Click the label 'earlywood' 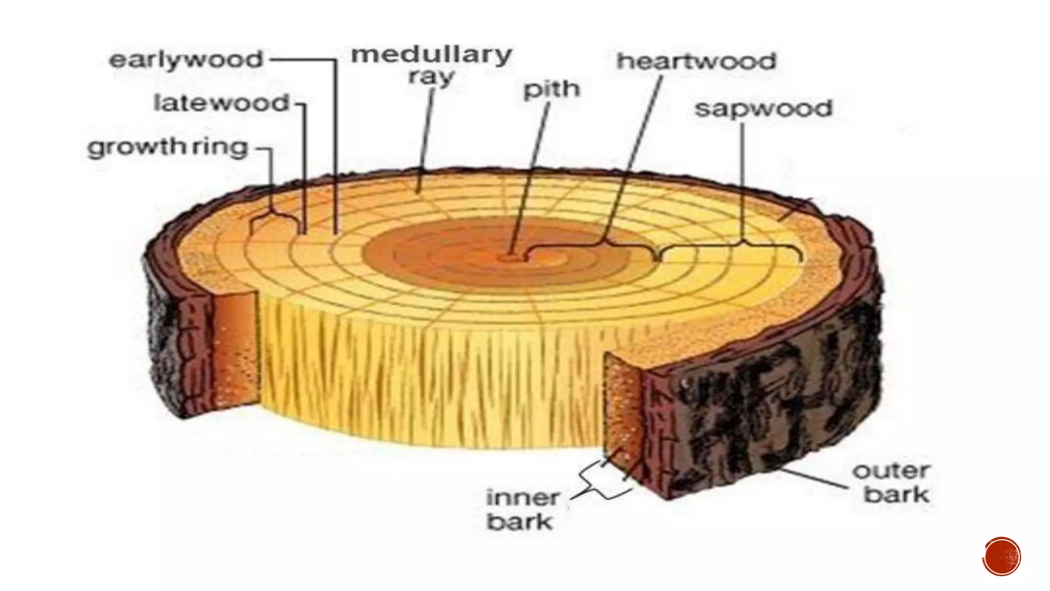tap(186, 60)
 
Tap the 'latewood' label tap(221, 103)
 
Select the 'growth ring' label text tap(168, 148)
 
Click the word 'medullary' tap(431, 54)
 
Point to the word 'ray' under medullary tap(431, 78)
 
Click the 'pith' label tap(551, 90)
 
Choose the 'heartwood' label tap(696, 62)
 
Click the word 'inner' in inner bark tap(522, 497)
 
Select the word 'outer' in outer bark tap(891, 470)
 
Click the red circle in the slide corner tap(1002, 557)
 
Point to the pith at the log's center tap(510, 257)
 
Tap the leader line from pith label tap(531, 174)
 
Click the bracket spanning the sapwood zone tap(731, 247)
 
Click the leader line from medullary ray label tap(426, 139)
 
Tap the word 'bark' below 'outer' tap(896, 495)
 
